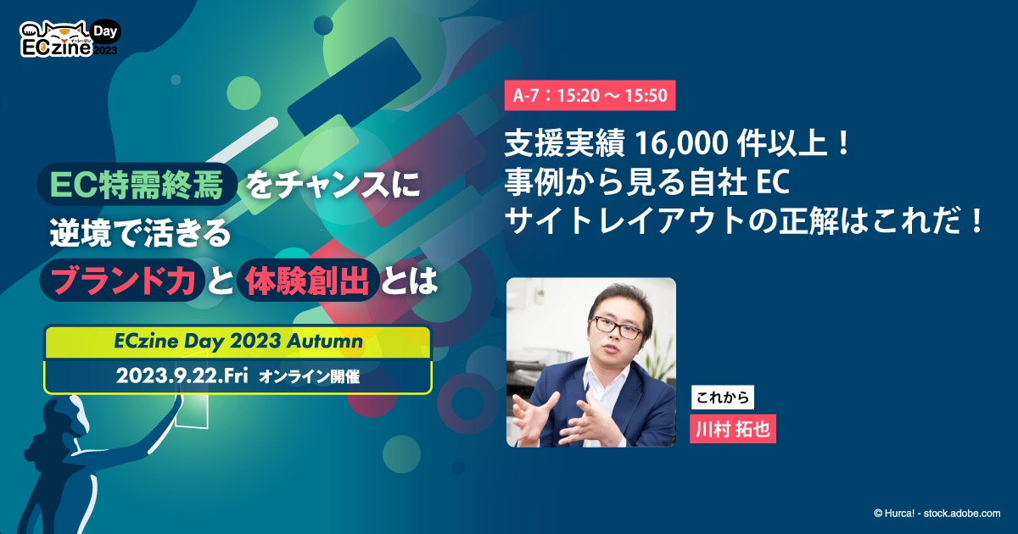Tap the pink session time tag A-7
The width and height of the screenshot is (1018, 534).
590,95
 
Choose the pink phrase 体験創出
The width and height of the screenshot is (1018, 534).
307,282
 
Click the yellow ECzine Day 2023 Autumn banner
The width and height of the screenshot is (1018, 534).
238,342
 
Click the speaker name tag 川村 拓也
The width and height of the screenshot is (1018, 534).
733,429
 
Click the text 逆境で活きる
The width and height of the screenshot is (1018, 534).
140,235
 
